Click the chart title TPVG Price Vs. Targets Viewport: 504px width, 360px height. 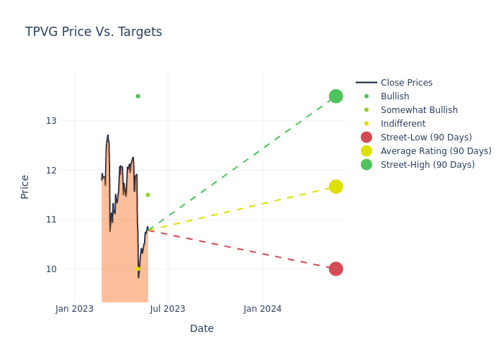click(x=94, y=32)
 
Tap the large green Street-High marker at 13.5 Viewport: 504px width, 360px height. click(x=336, y=96)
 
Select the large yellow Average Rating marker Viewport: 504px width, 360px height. click(x=336, y=186)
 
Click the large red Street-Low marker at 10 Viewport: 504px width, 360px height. click(x=336, y=269)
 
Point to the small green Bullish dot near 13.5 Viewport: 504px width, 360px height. click(x=138, y=96)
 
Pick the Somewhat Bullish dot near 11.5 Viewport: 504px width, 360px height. click(x=148, y=194)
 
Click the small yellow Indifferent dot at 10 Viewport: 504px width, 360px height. click(x=138, y=269)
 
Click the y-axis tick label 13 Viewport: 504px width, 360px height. click(x=51, y=121)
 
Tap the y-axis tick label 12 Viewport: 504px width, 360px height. click(x=51, y=171)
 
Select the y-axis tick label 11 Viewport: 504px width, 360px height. click(x=51, y=220)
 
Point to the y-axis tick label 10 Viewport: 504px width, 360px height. click(x=51, y=269)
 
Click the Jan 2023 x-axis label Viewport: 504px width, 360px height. click(x=74, y=309)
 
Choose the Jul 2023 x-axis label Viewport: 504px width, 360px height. click(x=168, y=309)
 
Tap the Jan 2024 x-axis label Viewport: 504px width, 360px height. click(x=262, y=309)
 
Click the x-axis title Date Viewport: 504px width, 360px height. click(x=202, y=328)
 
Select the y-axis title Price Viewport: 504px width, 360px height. click(x=25, y=186)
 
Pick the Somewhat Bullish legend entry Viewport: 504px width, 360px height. click(x=419, y=110)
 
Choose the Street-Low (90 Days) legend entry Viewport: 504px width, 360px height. click(x=426, y=138)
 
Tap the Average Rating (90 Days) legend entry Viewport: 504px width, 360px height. click(x=436, y=151)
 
